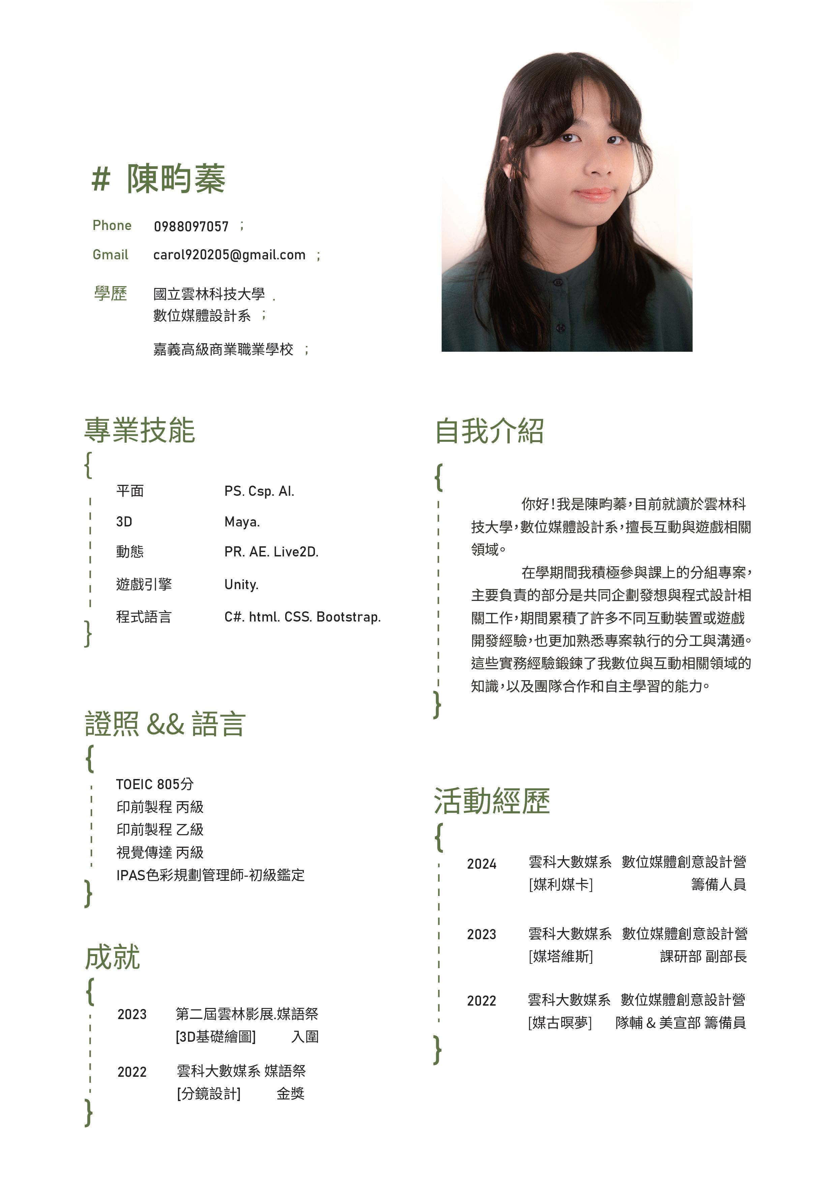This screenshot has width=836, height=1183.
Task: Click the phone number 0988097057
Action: click(x=191, y=227)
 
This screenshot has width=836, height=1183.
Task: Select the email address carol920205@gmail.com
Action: click(x=229, y=255)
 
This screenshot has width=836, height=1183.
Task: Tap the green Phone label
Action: click(x=112, y=226)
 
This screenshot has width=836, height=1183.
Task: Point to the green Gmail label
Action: click(x=110, y=255)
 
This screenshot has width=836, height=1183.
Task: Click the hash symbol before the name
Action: click(x=101, y=180)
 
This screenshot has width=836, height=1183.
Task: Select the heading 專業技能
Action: click(x=140, y=431)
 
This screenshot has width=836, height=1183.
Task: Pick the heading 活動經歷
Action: click(x=492, y=802)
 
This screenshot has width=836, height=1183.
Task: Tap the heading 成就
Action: click(x=112, y=958)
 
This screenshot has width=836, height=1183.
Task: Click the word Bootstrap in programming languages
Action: click(x=348, y=617)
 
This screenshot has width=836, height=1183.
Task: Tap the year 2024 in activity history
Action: click(x=481, y=864)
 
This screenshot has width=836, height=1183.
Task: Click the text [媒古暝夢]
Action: click(x=560, y=1023)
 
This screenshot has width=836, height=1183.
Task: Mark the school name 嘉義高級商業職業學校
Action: click(x=223, y=350)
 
